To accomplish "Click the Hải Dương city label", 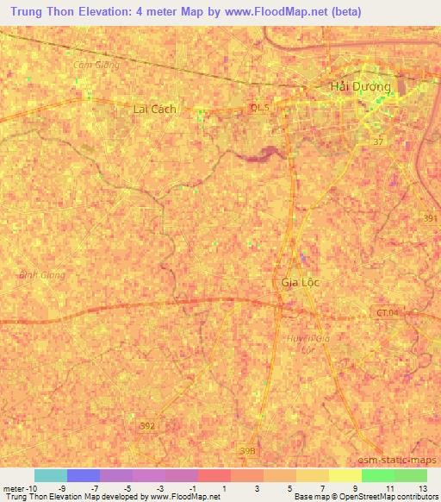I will (361, 87).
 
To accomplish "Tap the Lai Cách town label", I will (155, 109).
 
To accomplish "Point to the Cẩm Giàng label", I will (96, 65).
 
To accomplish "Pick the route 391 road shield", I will (429, 219).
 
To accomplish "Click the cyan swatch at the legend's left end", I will (50, 475).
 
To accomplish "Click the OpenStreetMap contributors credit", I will (391, 497).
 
